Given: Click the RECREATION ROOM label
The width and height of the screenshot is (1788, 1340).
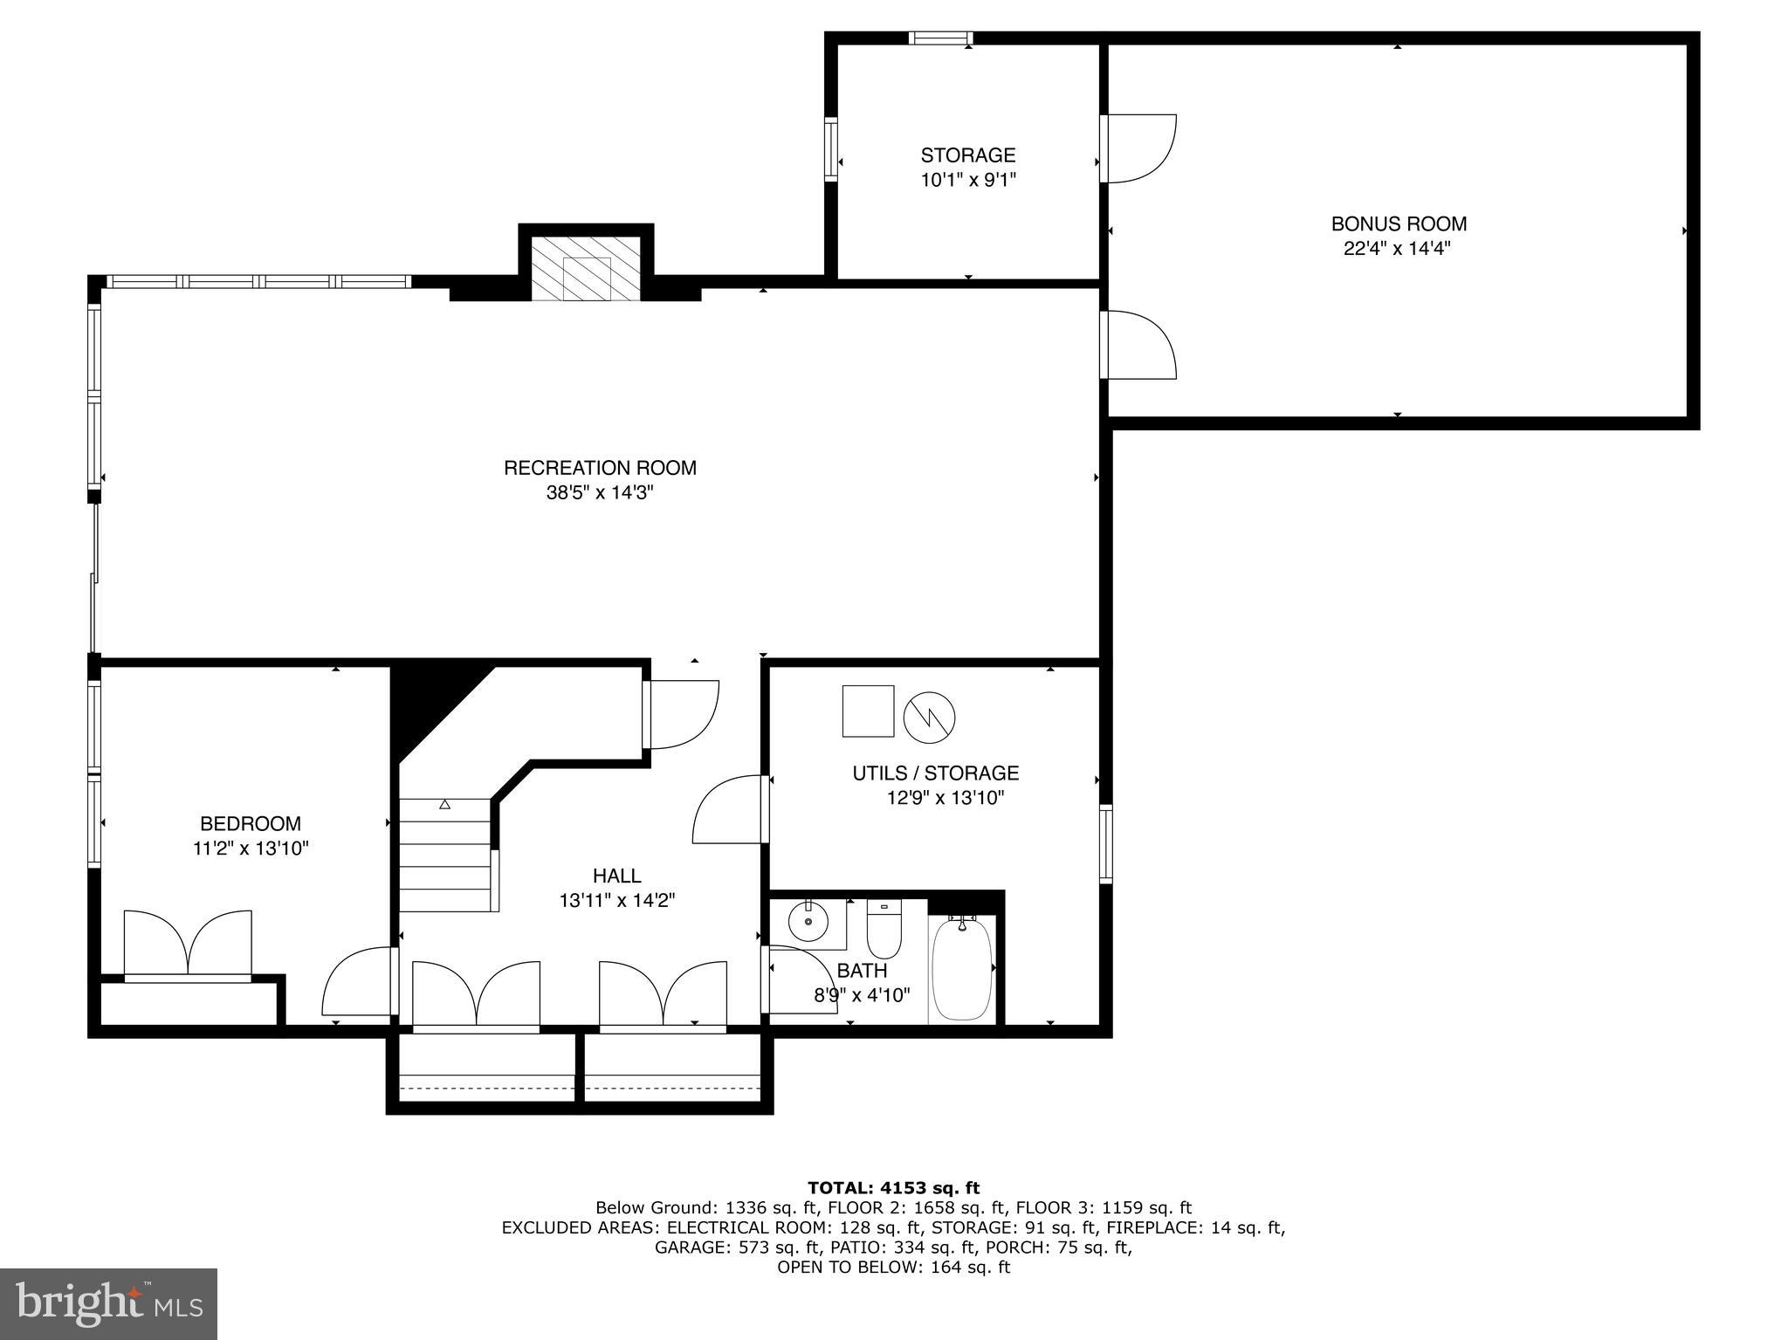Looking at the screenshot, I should pyautogui.click(x=600, y=468).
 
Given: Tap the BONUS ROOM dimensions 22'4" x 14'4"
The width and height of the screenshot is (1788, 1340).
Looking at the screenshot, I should pyautogui.click(x=1397, y=249).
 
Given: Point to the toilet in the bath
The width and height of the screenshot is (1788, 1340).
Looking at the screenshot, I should pyautogui.click(x=884, y=931).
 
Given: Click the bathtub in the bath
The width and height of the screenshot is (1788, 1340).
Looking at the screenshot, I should pyautogui.click(x=962, y=968).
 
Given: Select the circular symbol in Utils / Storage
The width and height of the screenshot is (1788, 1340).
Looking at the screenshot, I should pyautogui.click(x=929, y=718).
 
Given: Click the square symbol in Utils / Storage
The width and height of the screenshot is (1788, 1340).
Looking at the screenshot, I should pyautogui.click(x=868, y=711).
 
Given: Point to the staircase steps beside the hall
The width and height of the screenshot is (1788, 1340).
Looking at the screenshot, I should pyautogui.click(x=445, y=856).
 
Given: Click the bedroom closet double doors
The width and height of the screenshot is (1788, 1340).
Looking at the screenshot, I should pyautogui.click(x=188, y=944).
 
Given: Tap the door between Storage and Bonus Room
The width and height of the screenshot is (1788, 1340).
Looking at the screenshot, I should pyautogui.click(x=1138, y=148).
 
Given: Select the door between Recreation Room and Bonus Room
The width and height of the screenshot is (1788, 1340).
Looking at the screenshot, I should pyautogui.click(x=1138, y=345).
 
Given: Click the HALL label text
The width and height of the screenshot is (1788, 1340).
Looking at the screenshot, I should pyautogui.click(x=616, y=876).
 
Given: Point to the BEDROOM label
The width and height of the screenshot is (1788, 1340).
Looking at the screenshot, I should pyautogui.click(x=251, y=823).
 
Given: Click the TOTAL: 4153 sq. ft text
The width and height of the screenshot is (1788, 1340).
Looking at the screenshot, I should pyautogui.click(x=893, y=1187).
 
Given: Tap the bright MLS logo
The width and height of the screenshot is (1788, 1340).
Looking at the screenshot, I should pyautogui.click(x=108, y=1303).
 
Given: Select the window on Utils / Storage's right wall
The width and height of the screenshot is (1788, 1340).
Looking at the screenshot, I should pyautogui.click(x=1105, y=843).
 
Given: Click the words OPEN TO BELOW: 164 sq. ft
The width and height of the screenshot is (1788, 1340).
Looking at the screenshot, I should pyautogui.click(x=893, y=1267).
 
